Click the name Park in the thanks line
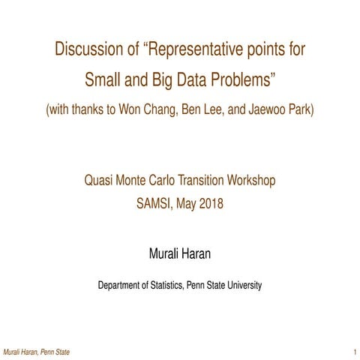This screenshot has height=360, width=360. tap(297, 109)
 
